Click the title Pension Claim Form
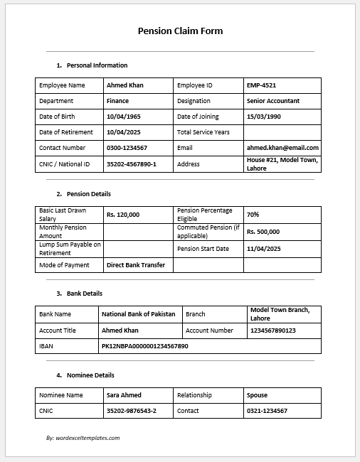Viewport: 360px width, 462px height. coord(180,31)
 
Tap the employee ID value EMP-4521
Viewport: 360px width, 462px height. coord(261,85)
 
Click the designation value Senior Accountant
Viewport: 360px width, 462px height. coord(273,101)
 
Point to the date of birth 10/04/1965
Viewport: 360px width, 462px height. coord(125,117)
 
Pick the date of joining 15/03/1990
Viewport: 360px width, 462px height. coord(264,117)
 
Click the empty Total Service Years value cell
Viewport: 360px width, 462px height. coord(282,132)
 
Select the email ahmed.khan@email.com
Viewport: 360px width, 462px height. coord(282,148)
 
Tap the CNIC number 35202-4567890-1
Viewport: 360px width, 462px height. coord(131,164)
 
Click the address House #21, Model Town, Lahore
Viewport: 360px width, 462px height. coord(282,164)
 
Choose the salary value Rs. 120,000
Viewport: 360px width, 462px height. coord(123,214)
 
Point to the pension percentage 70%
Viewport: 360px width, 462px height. coord(253,214)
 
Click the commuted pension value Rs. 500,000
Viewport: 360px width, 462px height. coord(263,231)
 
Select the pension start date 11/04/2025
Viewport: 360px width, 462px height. coord(264,249)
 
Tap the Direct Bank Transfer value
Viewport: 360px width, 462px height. coord(135,265)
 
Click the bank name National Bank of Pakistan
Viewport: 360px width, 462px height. coord(138,314)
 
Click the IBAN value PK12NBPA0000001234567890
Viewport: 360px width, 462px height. coord(145,345)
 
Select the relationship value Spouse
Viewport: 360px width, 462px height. coord(257,395)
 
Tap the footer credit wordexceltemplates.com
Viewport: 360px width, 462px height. coord(83,438)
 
